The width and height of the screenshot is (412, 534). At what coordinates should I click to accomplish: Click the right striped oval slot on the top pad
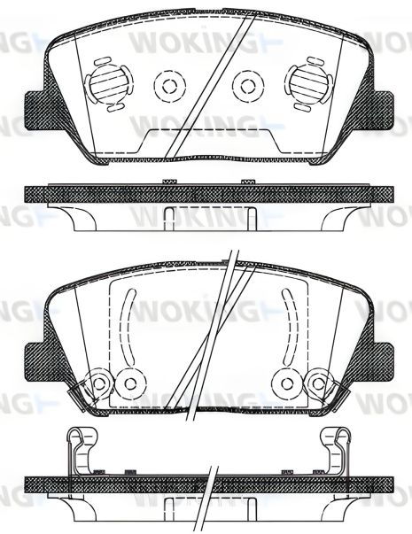click(306, 85)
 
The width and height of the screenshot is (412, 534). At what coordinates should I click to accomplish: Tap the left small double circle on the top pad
click(166, 85)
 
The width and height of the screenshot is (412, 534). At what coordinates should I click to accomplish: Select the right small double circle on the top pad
click(245, 85)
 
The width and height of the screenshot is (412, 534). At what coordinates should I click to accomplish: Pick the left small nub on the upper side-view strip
click(167, 182)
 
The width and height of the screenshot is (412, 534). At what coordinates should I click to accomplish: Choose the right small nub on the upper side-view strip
click(244, 182)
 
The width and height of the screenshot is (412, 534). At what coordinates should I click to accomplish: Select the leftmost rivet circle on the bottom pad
click(98, 382)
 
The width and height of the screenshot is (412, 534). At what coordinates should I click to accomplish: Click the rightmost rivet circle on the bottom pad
click(315, 382)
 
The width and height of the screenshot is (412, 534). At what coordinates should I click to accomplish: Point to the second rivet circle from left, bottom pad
click(130, 382)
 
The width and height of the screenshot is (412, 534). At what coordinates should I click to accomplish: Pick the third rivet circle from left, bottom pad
click(284, 382)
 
